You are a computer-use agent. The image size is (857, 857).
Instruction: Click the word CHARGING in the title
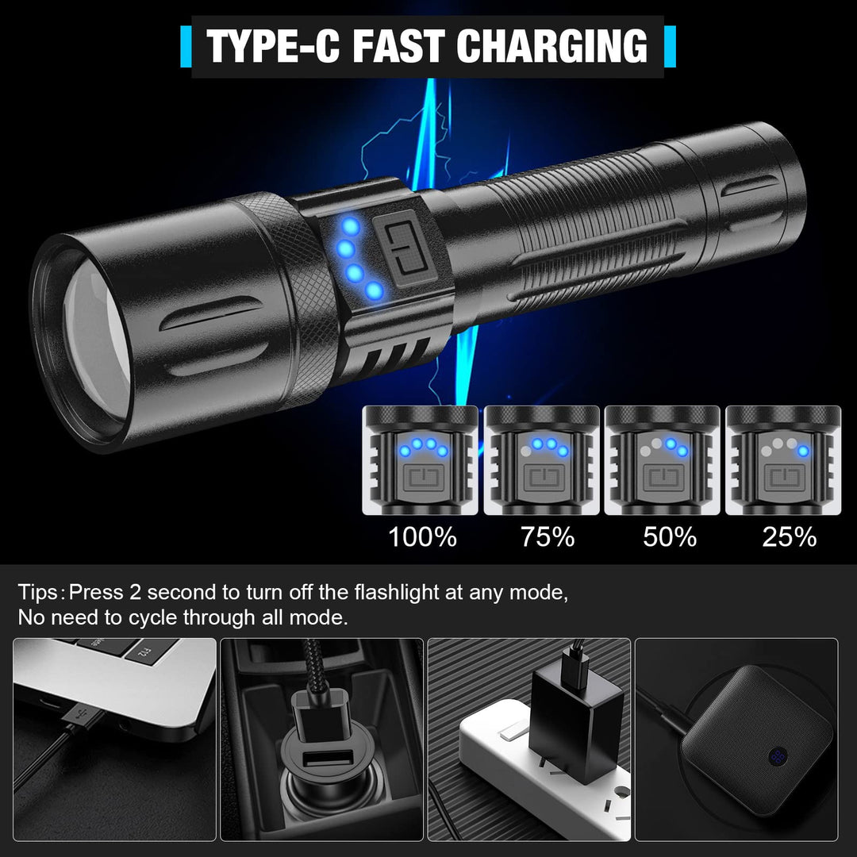[x=551, y=47]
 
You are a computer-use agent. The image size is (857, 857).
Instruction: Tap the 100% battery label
[x=422, y=536]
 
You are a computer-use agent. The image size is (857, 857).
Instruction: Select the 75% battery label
[x=547, y=536]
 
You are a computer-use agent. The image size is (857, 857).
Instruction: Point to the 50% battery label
[x=670, y=536]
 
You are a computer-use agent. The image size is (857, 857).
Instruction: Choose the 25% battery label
[x=790, y=536]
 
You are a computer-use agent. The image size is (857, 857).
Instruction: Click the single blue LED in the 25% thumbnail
[x=803, y=451]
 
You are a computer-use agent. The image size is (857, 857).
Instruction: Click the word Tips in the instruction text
[x=38, y=593]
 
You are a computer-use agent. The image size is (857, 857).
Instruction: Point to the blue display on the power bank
[x=777, y=757]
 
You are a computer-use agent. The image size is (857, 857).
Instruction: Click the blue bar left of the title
[x=186, y=47]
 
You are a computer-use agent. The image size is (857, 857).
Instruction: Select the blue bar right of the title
[x=670, y=47]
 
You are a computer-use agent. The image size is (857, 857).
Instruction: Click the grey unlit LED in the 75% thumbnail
[x=526, y=452]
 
